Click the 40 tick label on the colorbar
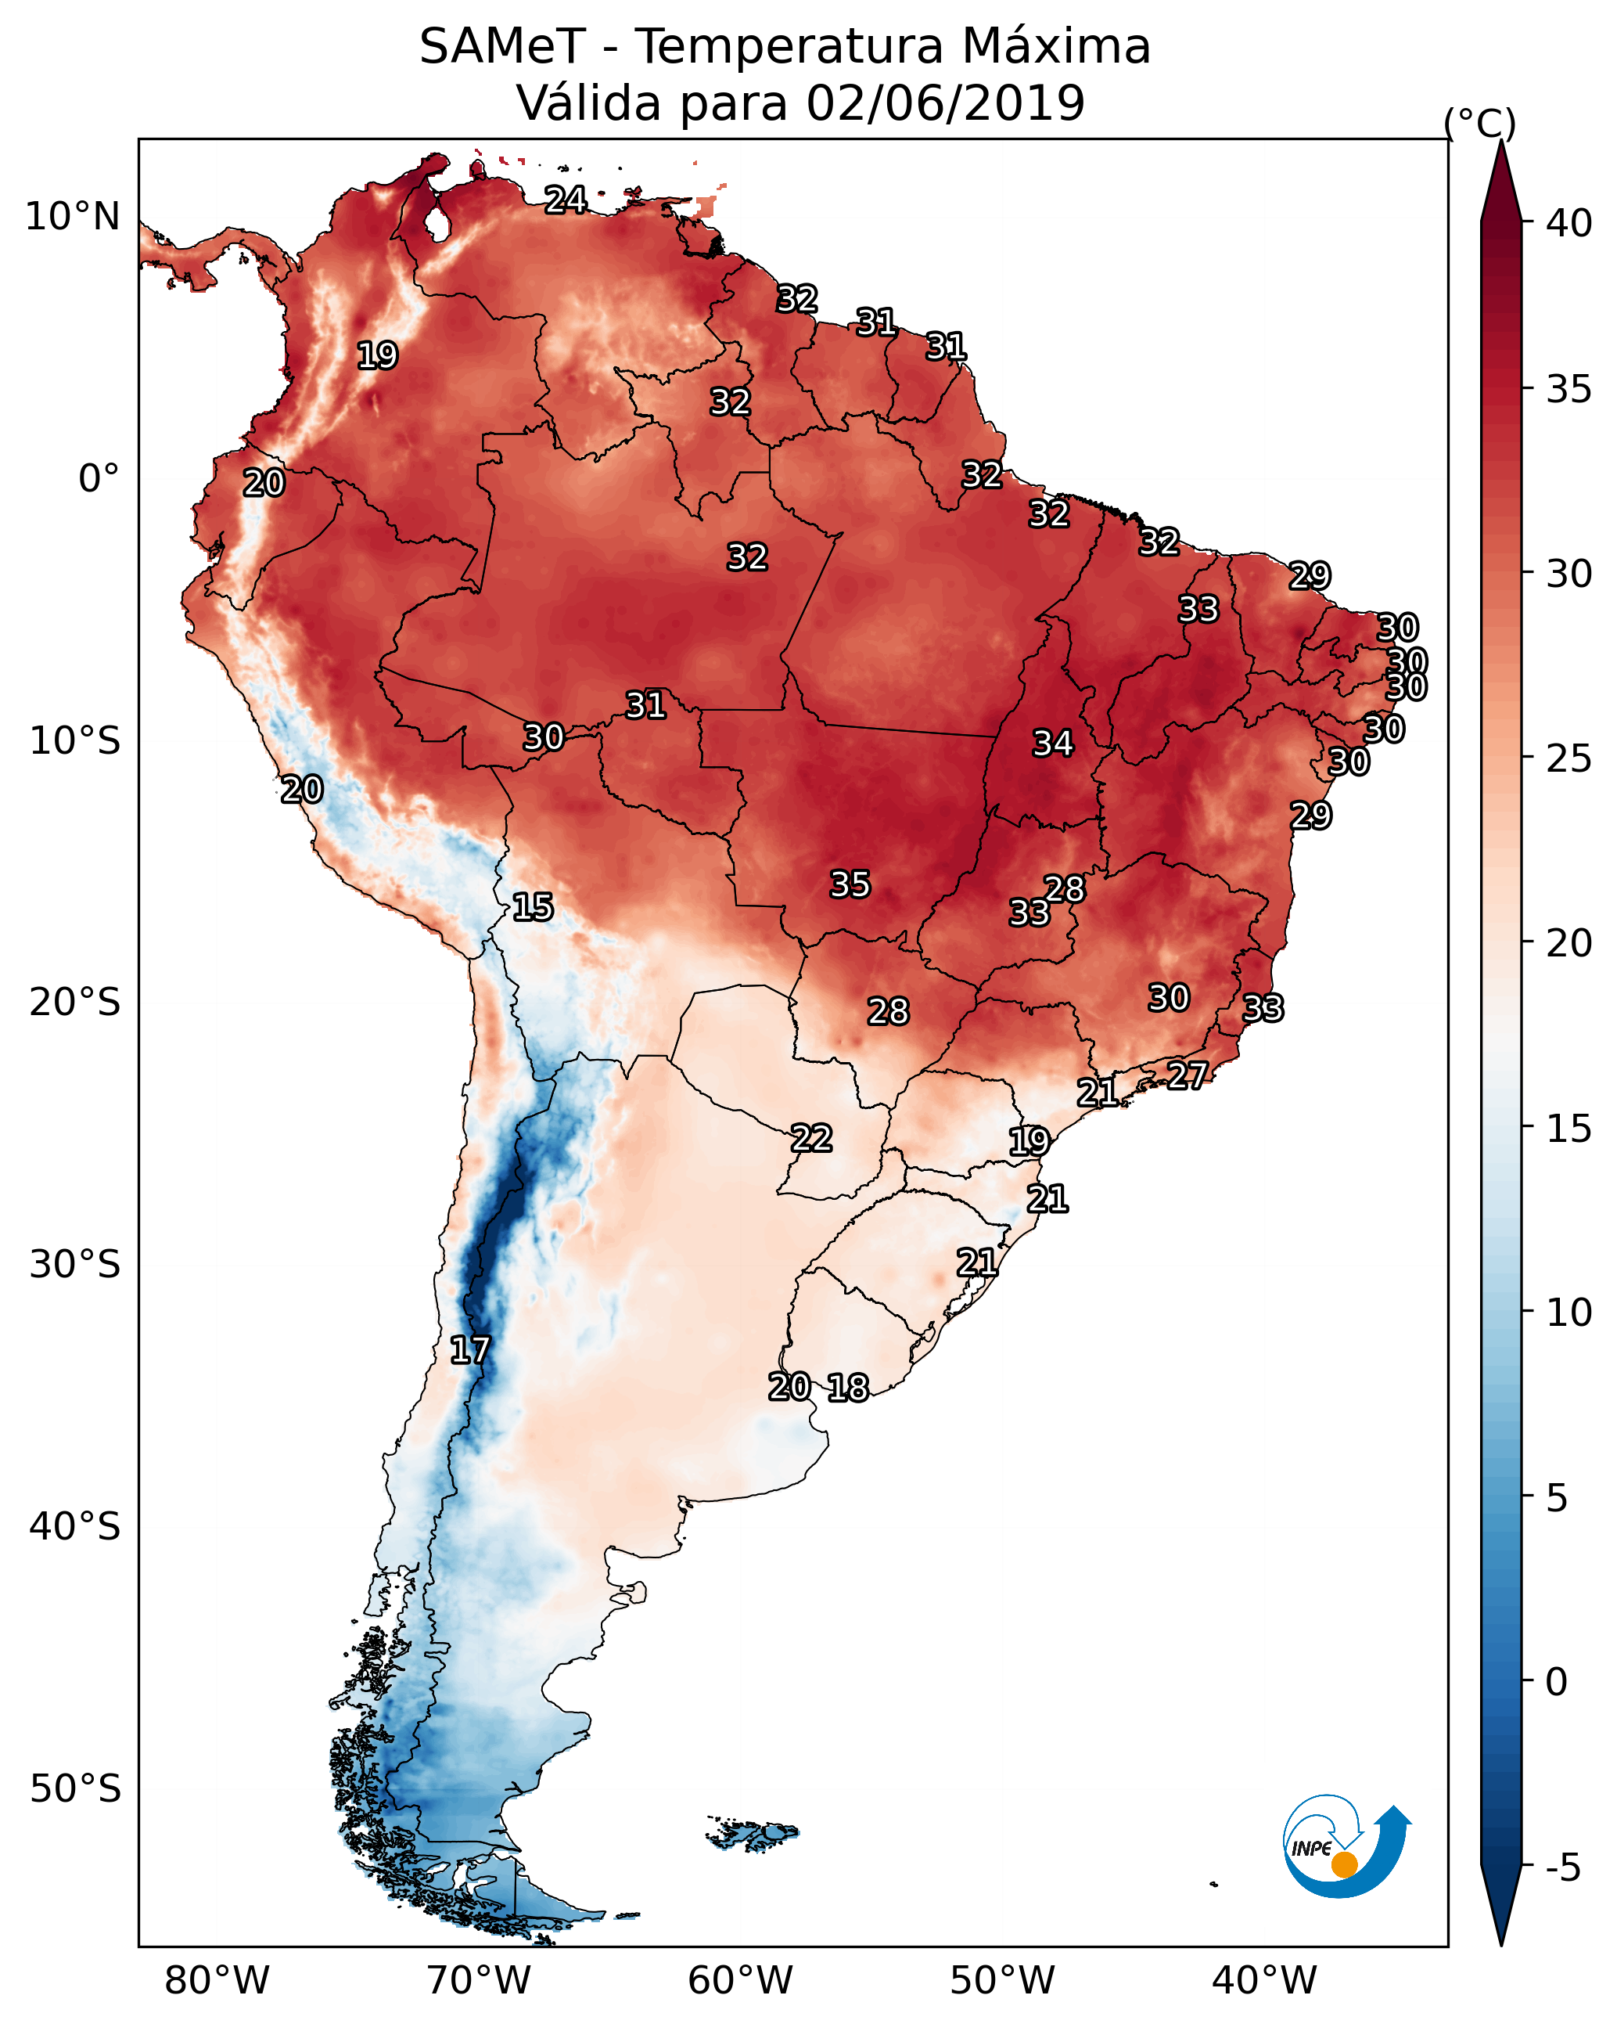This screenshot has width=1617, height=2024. (1569, 223)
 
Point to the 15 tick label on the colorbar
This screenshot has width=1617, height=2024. (1569, 1129)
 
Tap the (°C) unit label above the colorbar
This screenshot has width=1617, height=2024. (1479, 123)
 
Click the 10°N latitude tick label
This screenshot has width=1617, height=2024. (72, 217)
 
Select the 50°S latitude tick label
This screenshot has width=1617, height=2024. (75, 1789)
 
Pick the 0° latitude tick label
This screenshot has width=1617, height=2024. (99, 479)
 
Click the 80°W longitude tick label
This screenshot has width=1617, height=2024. (217, 1981)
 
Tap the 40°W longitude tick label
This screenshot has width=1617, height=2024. (1264, 1981)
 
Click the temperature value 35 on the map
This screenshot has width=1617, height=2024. (850, 884)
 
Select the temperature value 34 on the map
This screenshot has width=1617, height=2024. (1053, 744)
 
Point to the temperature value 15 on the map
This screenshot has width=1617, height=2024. (533, 907)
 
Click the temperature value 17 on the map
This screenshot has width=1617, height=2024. (470, 1350)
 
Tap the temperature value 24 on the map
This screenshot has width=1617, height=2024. (566, 200)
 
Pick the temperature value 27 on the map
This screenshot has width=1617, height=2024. (1188, 1075)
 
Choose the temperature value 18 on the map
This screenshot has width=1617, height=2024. (848, 1388)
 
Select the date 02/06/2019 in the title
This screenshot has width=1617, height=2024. (945, 103)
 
